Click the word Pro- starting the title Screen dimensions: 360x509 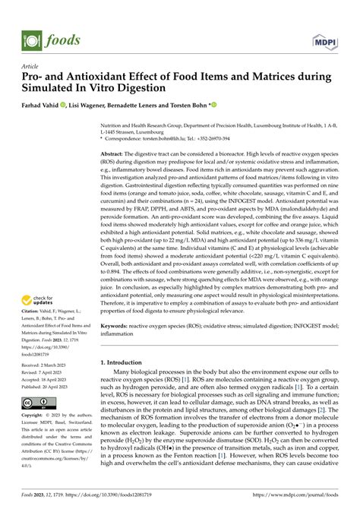34,77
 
